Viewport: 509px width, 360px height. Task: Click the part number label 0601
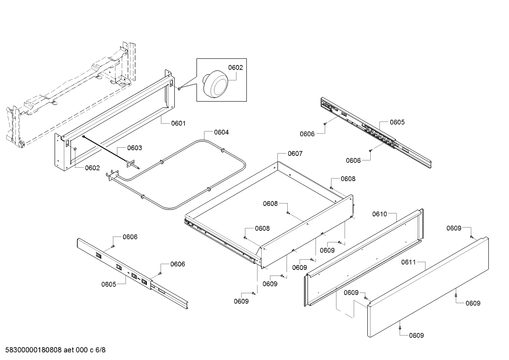pyautogui.click(x=178, y=123)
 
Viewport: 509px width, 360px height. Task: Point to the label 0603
pyautogui.click(x=134, y=148)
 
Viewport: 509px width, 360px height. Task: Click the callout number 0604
pyautogui.click(x=221, y=132)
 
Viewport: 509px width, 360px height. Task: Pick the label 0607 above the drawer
pyautogui.click(x=295, y=154)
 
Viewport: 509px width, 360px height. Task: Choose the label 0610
pyautogui.click(x=380, y=214)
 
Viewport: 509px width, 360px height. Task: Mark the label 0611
pyautogui.click(x=408, y=262)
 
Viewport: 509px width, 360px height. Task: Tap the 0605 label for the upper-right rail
pyautogui.click(x=397, y=122)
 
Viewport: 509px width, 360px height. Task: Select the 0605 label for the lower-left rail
pyautogui.click(x=109, y=284)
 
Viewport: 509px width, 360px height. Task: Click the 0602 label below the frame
pyautogui.click(x=92, y=168)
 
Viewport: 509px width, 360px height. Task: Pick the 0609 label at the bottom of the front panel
pyautogui.click(x=417, y=335)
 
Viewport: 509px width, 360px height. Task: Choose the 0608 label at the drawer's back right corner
pyautogui.click(x=348, y=179)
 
